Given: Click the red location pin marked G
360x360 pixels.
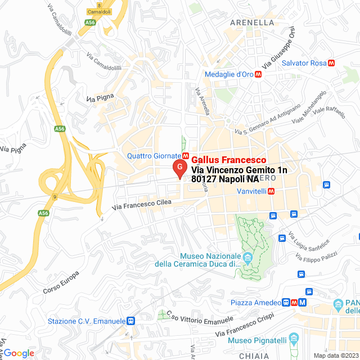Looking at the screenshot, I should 179,167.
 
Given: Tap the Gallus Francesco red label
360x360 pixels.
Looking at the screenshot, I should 228,160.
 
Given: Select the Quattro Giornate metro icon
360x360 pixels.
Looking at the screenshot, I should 185,155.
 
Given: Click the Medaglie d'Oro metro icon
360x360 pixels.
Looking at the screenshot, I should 258,74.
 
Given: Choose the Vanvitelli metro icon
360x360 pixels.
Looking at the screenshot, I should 271,191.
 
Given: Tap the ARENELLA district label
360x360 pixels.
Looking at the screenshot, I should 253,23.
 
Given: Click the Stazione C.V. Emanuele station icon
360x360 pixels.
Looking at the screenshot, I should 131,321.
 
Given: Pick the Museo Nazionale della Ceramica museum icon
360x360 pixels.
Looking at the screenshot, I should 247,258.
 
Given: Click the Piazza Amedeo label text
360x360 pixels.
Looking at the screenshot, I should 255,303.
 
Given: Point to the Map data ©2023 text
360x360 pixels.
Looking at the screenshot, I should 335,355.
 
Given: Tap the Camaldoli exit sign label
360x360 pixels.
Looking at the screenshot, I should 99,11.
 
